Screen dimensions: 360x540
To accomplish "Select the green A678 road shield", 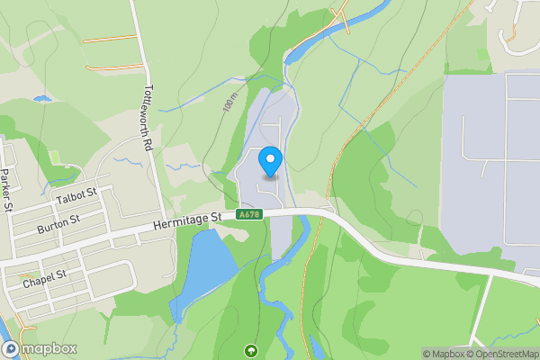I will tap(249, 215).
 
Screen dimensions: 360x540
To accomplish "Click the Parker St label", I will tap(5, 189).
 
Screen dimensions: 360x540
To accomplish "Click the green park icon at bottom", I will tap(250, 350).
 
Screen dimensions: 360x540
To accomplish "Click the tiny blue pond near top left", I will tap(40, 98).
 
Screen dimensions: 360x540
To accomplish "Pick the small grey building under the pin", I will tap(270, 176).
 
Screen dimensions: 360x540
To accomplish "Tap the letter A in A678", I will tap(242, 215).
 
